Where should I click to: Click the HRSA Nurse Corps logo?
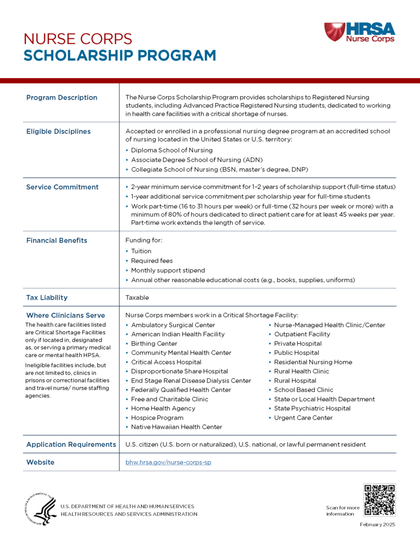pos(359,32)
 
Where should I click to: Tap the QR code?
pos(379,499)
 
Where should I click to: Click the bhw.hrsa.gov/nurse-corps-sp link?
pos(168,462)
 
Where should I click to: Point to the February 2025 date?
pos(378,525)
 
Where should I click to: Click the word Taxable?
pos(137,297)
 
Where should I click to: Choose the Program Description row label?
pos(62,98)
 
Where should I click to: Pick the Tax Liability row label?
pos(47,297)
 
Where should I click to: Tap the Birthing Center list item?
pos(154,344)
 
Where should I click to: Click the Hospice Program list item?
pos(157,418)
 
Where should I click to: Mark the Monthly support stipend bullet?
pos(168,270)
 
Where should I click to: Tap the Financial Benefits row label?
pos(56,241)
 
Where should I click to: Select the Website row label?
pos(40,462)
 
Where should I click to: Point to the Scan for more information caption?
pos(342,511)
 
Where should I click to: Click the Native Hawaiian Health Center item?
pos(177,427)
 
